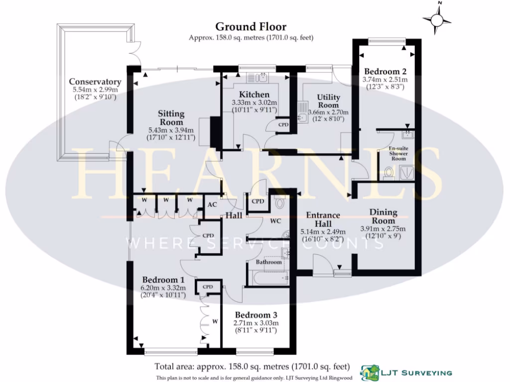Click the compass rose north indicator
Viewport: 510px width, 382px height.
pyautogui.click(x=437, y=18)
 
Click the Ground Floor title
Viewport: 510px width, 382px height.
pyautogui.click(x=251, y=26)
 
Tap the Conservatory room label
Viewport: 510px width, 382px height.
pyautogui.click(x=95, y=82)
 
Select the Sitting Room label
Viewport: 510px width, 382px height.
pyautogui.click(x=171, y=118)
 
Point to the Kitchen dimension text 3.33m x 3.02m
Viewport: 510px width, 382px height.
pyautogui.click(x=254, y=103)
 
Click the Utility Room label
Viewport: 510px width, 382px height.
pyautogui.click(x=328, y=101)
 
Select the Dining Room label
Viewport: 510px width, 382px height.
pyautogui.click(x=383, y=217)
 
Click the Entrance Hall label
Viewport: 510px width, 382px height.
pyautogui.click(x=323, y=219)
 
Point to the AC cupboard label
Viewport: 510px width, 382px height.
pyautogui.click(x=211, y=204)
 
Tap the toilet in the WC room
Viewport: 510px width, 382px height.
pyautogui.click(x=279, y=203)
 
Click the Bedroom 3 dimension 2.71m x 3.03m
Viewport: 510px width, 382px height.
pyautogui.click(x=255, y=323)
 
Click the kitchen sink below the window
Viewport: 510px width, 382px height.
pyautogui.click(x=257, y=77)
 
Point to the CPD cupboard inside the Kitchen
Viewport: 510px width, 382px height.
pyautogui.click(x=283, y=124)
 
